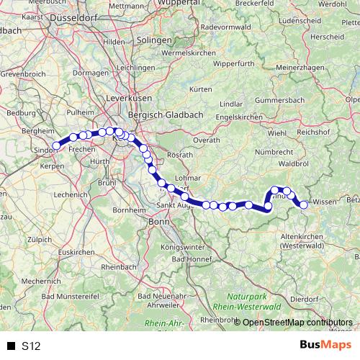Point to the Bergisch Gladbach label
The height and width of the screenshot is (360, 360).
point(156,115)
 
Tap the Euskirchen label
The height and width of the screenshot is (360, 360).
point(76,253)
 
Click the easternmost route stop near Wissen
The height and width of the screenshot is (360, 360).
point(304,204)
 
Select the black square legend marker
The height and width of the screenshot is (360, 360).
point(11,346)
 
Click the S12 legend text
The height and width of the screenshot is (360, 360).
point(30,346)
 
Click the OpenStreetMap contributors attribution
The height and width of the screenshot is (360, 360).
point(297,322)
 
